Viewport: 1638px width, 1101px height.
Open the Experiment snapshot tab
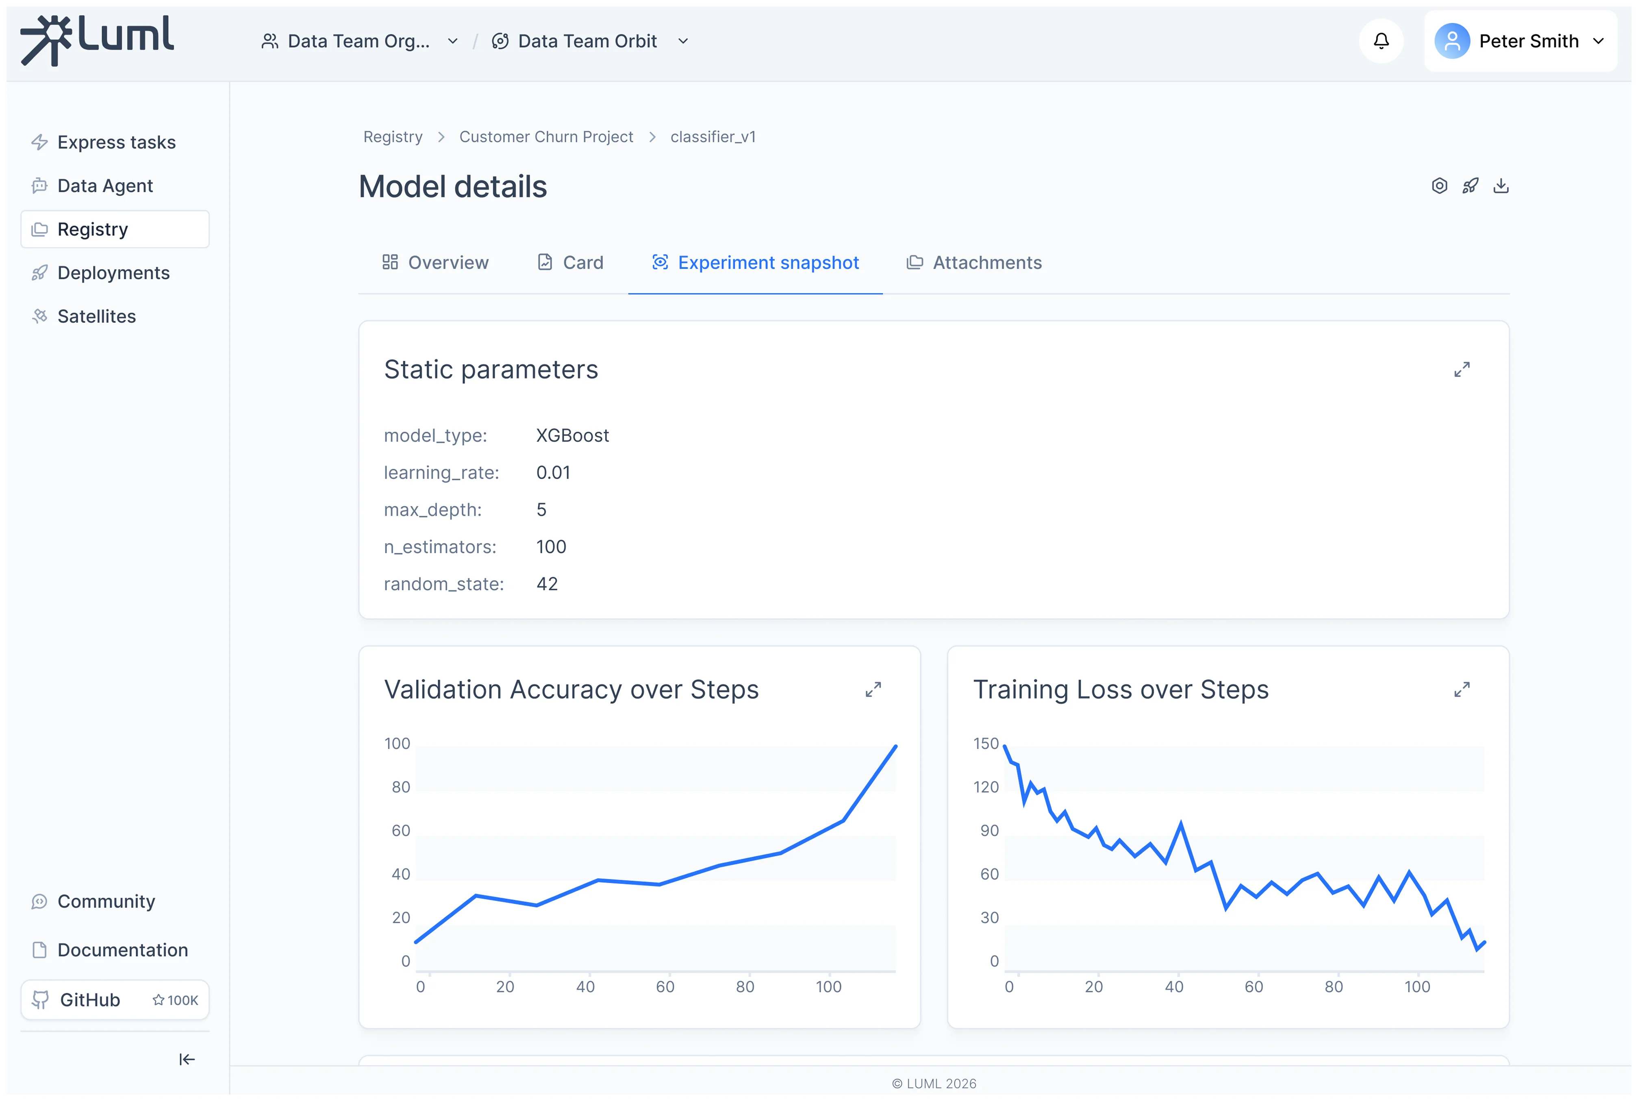[755, 263]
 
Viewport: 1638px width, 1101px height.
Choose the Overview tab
[435, 263]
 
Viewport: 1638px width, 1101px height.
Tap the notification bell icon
[1380, 41]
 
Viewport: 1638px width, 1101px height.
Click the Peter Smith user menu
[1519, 41]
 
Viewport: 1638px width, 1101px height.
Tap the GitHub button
[114, 999]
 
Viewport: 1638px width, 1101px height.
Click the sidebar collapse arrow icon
[187, 1059]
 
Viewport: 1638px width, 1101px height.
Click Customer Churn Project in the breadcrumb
[546, 137]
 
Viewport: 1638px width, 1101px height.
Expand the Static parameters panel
[1461, 369]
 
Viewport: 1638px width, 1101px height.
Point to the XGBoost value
[572, 435]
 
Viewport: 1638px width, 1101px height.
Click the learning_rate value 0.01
[553, 472]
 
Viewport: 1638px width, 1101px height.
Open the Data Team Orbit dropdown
[589, 41]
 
